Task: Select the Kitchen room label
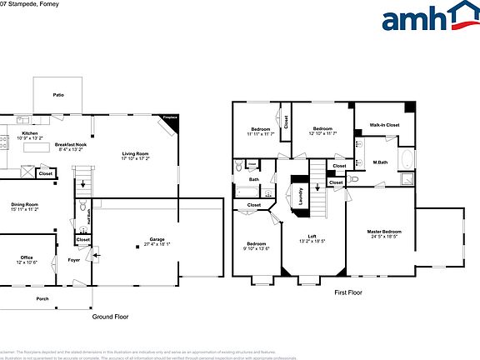point(29,133)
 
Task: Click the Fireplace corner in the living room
point(170,119)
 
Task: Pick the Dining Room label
point(24,204)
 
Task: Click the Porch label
point(42,298)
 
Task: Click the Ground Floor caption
point(110,317)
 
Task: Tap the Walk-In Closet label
point(385,125)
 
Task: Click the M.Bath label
point(381,162)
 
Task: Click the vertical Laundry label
point(300,196)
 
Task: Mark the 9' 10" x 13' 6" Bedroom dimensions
point(257,248)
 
